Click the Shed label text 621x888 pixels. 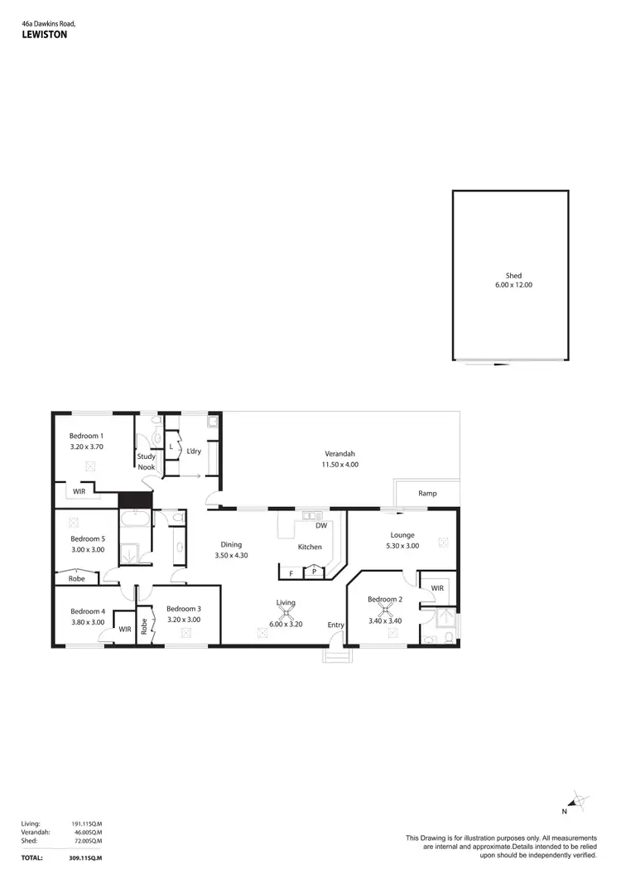point(513,276)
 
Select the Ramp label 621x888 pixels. point(427,494)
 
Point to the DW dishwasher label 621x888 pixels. point(320,525)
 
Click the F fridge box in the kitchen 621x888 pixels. point(291,572)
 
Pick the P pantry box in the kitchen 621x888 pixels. point(314,572)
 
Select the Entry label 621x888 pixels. point(335,625)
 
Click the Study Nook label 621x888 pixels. point(147,461)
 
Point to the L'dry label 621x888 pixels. point(195,451)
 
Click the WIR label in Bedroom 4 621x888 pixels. point(125,629)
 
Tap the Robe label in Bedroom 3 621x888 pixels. point(143,626)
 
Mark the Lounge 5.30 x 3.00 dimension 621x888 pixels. point(403,546)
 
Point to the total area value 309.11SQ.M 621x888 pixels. point(85,857)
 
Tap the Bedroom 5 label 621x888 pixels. point(86,538)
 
